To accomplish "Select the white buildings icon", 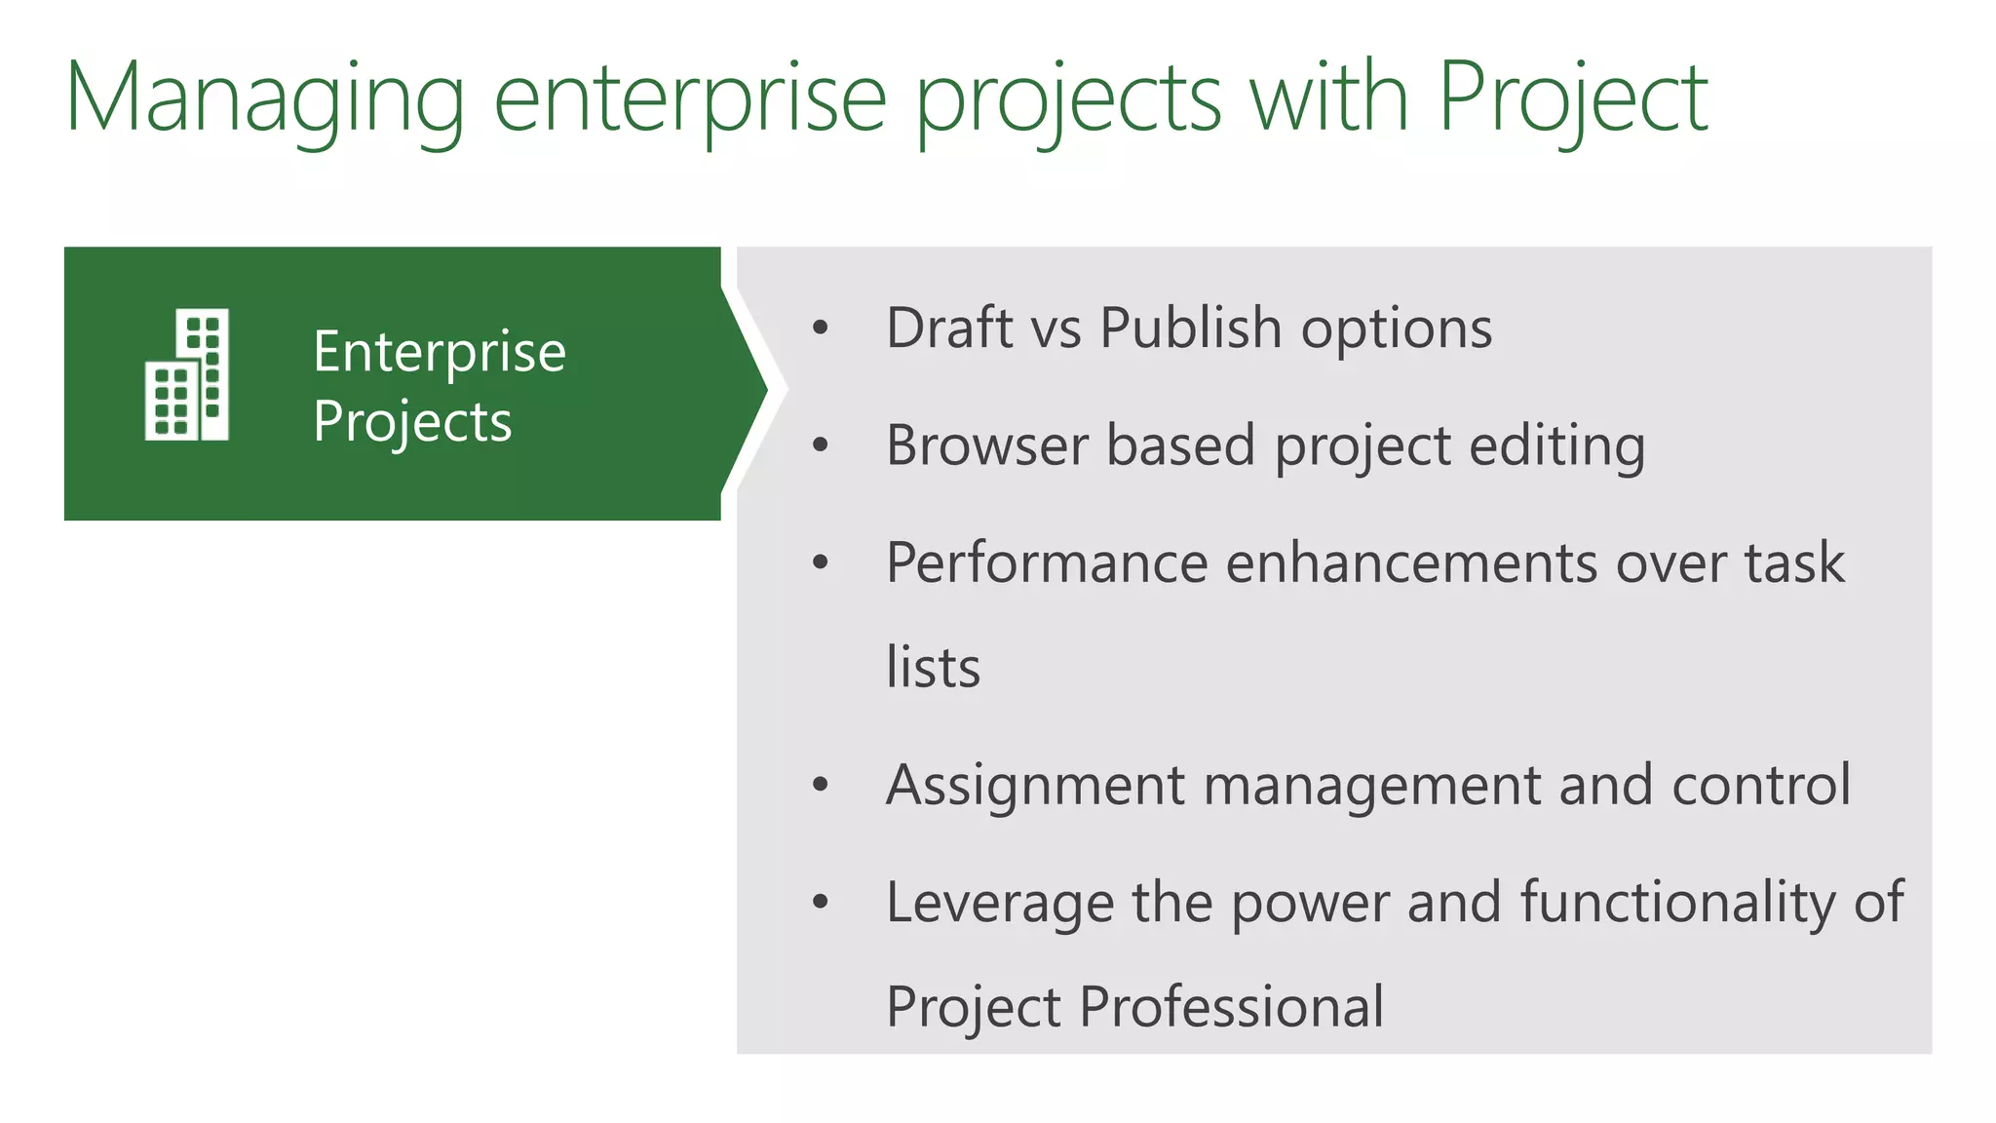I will (187, 374).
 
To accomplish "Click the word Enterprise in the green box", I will (440, 351).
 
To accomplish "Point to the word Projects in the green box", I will (412, 421).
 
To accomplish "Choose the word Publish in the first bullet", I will (1190, 328).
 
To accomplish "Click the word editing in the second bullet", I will (1556, 445).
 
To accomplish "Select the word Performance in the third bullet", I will (1047, 563).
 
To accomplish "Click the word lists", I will (933, 668).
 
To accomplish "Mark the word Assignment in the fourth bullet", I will (1035, 786).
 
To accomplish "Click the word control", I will (1760, 785).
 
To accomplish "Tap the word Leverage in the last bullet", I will (1000, 903).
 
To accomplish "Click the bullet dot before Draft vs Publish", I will (821, 329).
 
